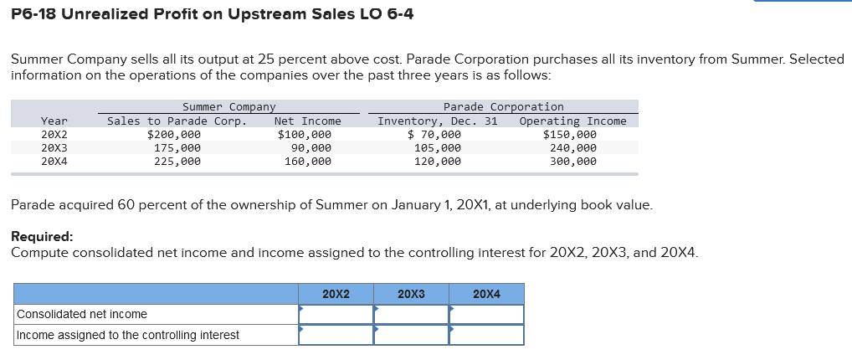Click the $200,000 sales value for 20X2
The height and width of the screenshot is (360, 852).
(173, 134)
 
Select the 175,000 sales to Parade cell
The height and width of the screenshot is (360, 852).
(177, 147)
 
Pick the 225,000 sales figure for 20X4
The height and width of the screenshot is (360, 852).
(177, 161)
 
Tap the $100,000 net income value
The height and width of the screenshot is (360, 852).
(305, 134)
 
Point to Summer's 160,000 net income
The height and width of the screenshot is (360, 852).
(307, 161)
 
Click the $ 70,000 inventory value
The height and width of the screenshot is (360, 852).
(434, 134)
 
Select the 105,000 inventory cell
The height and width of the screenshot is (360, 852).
(437, 147)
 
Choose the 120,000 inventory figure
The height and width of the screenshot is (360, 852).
(437, 161)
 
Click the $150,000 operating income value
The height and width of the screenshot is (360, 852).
(569, 134)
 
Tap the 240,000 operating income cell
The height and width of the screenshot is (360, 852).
(572, 147)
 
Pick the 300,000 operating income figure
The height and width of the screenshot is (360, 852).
(572, 161)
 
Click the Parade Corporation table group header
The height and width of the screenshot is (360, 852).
(503, 106)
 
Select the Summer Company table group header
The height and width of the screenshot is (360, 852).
(228, 106)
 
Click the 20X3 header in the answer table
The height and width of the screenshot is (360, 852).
(411, 294)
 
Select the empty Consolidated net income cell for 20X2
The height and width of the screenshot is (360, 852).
(336, 314)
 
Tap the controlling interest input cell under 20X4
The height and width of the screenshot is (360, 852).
(486, 335)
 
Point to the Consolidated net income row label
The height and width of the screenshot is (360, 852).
(82, 314)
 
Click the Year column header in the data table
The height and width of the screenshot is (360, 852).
(54, 121)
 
